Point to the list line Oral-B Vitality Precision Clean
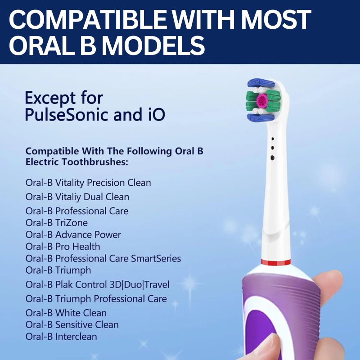pyautogui.click(x=88, y=183)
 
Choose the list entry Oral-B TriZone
pyautogui.click(x=57, y=223)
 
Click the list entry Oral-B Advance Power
pyautogui.click(x=73, y=235)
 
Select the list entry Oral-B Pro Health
pyautogui.click(x=63, y=247)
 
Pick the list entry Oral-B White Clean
pyautogui.click(x=66, y=313)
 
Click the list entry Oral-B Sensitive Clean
pyautogui.click(x=72, y=325)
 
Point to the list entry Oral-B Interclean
pyautogui.click(x=61, y=337)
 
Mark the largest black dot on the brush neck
pyautogui.click(x=272, y=157)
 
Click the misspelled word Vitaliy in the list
pyautogui.click(x=69, y=197)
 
